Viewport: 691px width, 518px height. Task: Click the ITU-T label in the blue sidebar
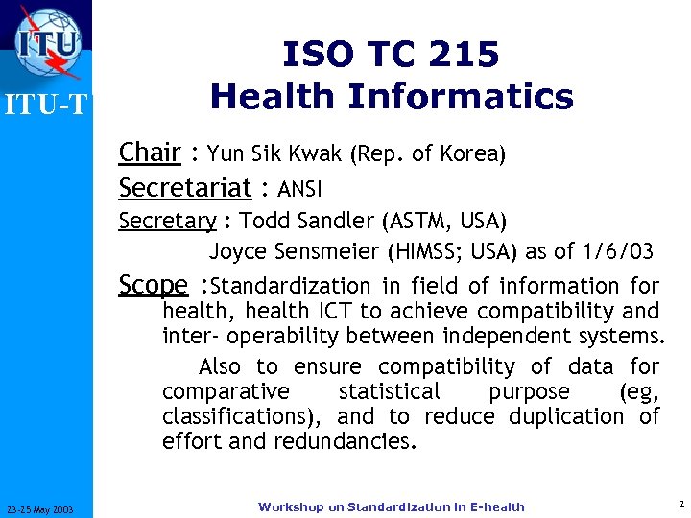tap(46, 105)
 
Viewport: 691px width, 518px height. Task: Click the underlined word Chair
tap(150, 153)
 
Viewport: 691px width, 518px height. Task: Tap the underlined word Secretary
tap(167, 222)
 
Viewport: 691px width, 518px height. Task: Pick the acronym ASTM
tap(418, 222)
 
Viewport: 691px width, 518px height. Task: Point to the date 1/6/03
tap(616, 252)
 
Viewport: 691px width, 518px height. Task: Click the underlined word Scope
tap(153, 285)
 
